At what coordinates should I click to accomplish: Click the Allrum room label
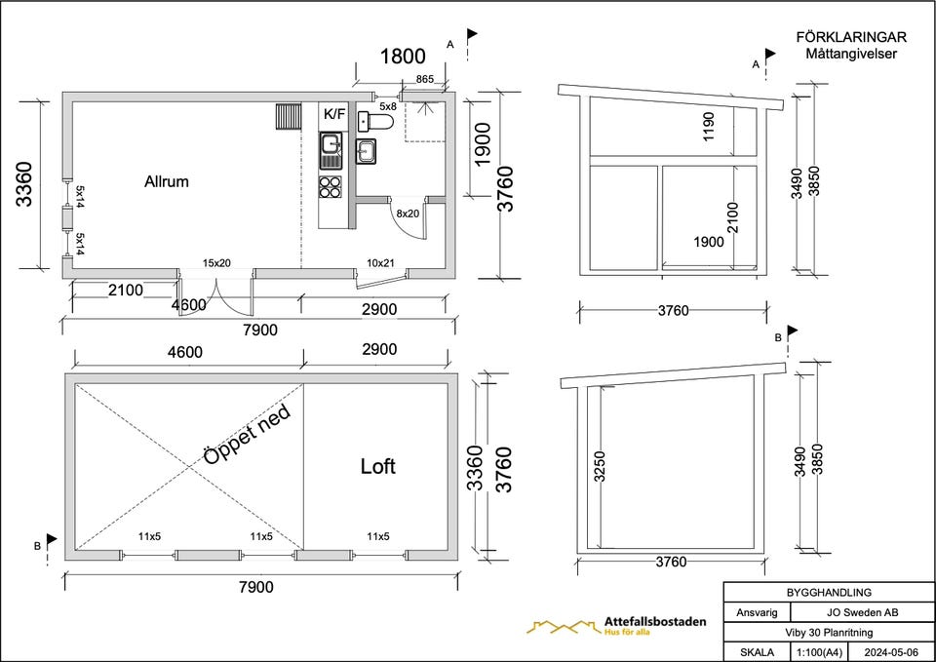coord(167,181)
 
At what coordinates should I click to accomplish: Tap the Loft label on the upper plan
coord(378,466)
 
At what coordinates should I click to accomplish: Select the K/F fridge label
coord(334,113)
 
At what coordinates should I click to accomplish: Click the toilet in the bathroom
coord(375,121)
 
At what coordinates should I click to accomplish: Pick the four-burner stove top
coord(331,186)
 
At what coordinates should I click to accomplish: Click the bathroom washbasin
coord(366,151)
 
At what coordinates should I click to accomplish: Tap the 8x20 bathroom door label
coord(408,214)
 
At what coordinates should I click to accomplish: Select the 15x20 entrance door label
coord(216,262)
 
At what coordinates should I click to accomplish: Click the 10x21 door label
coord(380,262)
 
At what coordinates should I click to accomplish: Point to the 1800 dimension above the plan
coord(403,57)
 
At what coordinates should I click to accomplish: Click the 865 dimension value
coord(424,79)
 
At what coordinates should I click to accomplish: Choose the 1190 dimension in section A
coord(709,127)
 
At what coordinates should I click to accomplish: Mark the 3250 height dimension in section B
coord(600,466)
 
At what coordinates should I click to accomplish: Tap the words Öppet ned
coord(247,434)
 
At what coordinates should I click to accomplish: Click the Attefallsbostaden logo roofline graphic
coord(563,627)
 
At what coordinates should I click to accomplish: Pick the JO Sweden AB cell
coord(862,612)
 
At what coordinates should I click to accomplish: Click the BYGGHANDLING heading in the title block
coord(829,593)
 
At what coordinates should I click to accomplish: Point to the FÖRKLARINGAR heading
coord(851,37)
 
